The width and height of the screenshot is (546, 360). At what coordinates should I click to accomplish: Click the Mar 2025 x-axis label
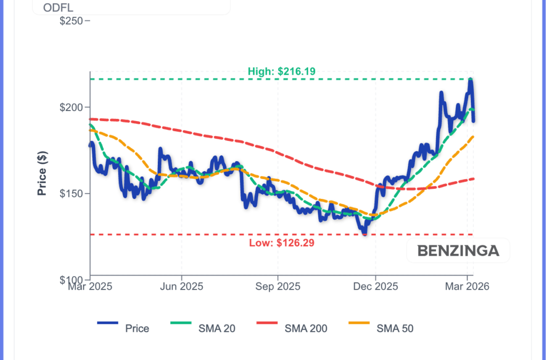90,286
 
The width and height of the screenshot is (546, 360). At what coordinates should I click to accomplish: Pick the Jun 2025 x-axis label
182,286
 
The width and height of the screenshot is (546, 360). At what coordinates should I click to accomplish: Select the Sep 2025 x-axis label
278,286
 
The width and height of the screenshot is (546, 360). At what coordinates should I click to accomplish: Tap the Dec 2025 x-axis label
375,286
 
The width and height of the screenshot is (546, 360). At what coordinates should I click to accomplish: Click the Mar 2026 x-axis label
468,286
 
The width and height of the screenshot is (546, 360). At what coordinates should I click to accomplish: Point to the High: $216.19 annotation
282,72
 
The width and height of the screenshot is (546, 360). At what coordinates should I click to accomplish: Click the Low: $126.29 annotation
282,243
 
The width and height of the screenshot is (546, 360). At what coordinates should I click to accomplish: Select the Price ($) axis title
42,173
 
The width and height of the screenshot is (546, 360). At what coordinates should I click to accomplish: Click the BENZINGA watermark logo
458,251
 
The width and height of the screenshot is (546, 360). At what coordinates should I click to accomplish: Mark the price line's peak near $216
470,80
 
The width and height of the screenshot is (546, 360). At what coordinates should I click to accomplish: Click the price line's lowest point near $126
365,234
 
